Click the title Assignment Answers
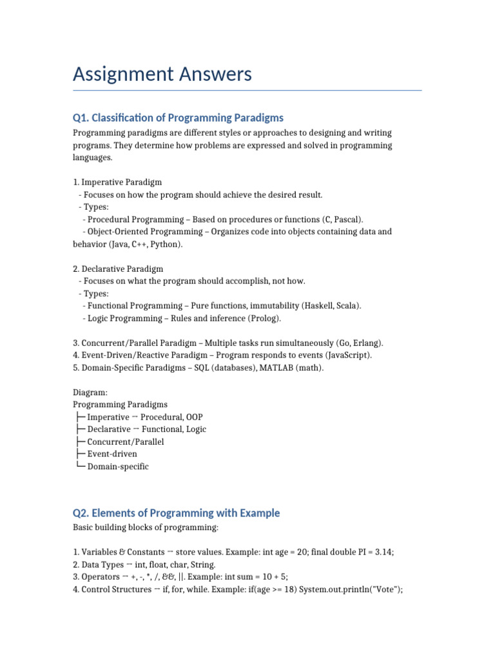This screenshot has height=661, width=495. [162, 74]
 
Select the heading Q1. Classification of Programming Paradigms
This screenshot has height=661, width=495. [178, 117]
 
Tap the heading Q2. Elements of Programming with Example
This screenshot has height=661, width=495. [177, 513]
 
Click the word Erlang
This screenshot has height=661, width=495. [366, 343]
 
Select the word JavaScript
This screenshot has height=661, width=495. [349, 355]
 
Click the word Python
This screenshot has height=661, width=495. [166, 244]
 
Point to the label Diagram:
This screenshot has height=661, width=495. [90, 392]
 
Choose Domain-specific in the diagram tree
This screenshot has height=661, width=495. [118, 466]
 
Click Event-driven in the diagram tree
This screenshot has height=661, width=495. [112, 454]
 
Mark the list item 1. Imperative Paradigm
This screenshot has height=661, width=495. [117, 182]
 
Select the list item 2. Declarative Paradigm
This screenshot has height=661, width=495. [118, 269]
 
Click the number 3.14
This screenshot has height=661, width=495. [383, 553]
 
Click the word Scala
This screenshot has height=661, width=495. [347, 305]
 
